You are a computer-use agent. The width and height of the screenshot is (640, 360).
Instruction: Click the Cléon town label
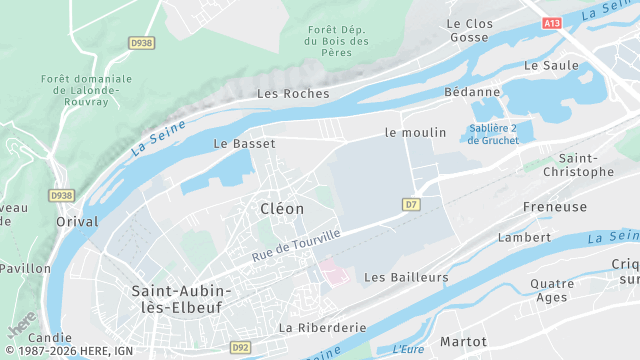281,208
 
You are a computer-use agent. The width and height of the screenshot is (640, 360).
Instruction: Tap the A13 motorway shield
553,22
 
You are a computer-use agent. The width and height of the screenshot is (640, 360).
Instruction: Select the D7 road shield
411,204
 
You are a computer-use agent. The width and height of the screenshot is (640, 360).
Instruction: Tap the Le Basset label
244,144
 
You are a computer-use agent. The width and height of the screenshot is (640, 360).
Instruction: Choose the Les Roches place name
293,94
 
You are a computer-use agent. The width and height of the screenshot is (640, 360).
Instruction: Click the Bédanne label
472,92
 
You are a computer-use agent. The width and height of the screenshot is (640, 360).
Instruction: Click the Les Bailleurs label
407,276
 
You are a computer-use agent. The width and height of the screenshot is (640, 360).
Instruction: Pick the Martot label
463,342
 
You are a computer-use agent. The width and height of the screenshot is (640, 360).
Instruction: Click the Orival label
77,222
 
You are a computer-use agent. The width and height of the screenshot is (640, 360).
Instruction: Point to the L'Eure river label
408,349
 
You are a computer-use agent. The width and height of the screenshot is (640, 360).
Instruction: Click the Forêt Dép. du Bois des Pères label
338,42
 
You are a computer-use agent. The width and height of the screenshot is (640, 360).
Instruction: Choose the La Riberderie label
322,327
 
